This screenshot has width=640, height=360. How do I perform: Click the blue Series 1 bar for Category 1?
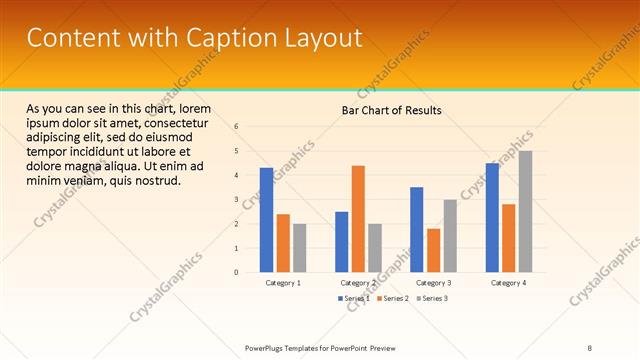[x=266, y=220]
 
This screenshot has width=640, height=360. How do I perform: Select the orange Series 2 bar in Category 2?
[x=357, y=218]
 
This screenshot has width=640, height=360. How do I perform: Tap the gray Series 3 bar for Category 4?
[x=525, y=211]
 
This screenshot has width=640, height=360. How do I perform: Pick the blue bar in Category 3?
[x=416, y=229]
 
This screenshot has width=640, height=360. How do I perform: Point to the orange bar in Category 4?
[x=508, y=238]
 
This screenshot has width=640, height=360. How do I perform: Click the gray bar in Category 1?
[x=299, y=247]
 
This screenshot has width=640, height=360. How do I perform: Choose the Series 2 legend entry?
[x=393, y=298]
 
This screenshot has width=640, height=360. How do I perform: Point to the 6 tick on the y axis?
[x=236, y=127]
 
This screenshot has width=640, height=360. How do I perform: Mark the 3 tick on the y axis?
[x=236, y=199]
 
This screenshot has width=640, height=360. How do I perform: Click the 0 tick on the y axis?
[x=236, y=272]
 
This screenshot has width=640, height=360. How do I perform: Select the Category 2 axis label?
[x=358, y=284]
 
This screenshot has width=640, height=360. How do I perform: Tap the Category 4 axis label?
[x=508, y=284]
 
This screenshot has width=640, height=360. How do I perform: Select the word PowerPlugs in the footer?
[x=267, y=347]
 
